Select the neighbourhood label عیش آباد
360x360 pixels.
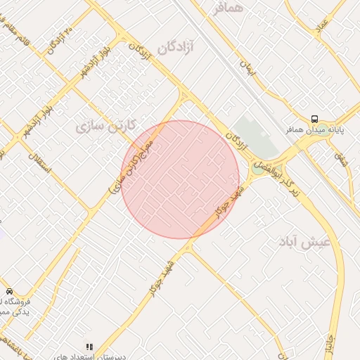[x=309, y=243]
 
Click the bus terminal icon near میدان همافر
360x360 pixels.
[x=314, y=119]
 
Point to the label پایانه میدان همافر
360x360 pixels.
[x=314, y=131]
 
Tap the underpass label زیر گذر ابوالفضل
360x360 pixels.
[x=277, y=163]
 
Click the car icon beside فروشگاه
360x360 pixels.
[x=9, y=291]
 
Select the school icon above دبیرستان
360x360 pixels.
[x=89, y=347]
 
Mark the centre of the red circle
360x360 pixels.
[x=180, y=179]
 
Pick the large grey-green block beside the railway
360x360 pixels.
[x=256, y=138]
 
